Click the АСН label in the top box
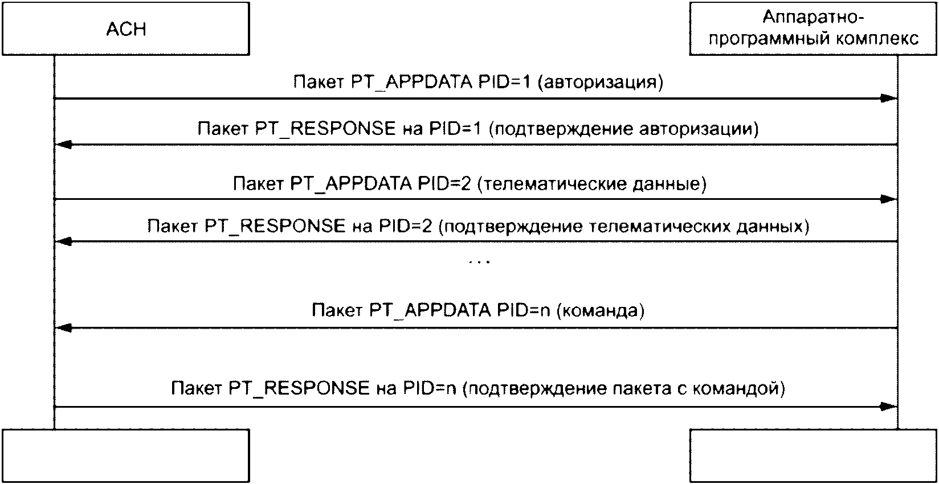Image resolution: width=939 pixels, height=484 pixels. [x=126, y=29]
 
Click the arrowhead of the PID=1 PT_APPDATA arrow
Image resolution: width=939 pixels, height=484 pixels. [x=889, y=99]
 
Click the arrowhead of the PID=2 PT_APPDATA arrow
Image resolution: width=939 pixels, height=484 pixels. [x=889, y=199]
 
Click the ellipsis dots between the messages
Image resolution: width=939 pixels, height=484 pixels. [x=479, y=262]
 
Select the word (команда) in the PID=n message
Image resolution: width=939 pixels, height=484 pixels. [x=599, y=310]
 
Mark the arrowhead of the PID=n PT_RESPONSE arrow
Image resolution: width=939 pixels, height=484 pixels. [x=889, y=407]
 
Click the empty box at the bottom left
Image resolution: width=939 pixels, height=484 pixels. [x=126, y=456]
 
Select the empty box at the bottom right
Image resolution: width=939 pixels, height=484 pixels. [x=813, y=456]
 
